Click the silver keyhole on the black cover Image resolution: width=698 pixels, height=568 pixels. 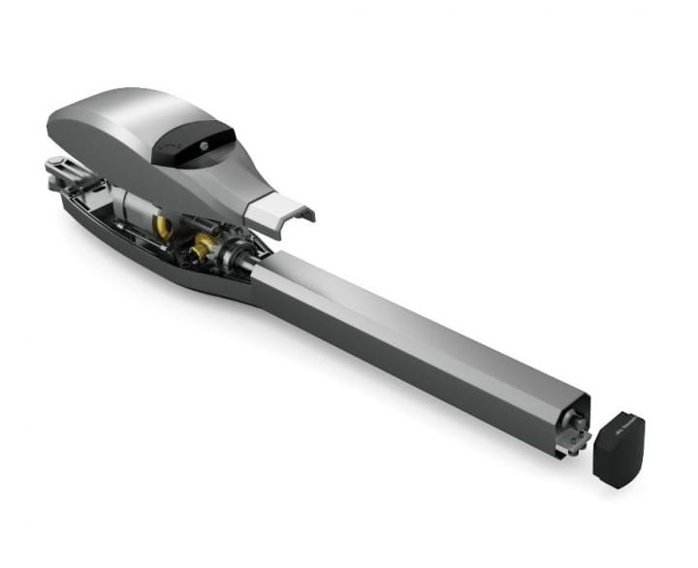click(x=206, y=142)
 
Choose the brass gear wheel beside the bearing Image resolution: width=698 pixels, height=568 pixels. click(x=203, y=251)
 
